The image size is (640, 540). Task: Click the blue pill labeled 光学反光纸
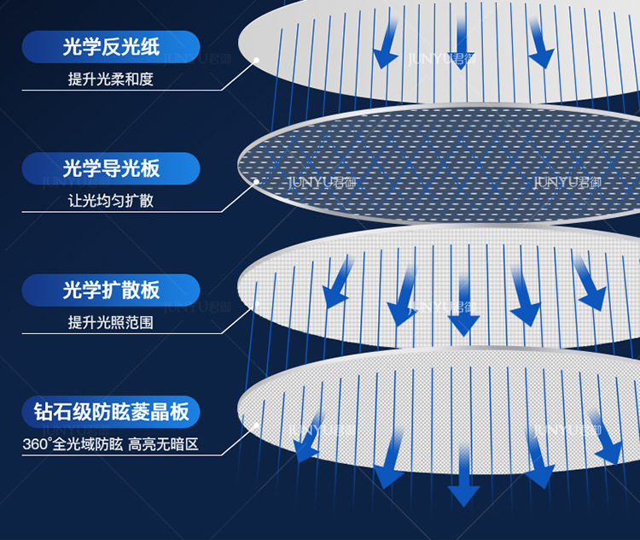click(111, 46)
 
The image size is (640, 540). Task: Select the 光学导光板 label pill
click(111, 168)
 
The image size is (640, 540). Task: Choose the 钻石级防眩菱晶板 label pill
click(111, 412)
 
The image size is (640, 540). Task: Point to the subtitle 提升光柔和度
click(111, 79)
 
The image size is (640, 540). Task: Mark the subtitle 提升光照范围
click(111, 323)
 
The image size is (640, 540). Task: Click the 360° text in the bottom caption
click(38, 445)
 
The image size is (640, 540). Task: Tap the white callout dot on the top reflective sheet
click(256, 60)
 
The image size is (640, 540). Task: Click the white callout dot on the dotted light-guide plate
click(256, 181)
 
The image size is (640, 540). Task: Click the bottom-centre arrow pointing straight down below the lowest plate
click(464, 482)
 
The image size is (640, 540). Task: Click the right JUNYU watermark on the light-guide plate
click(567, 182)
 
